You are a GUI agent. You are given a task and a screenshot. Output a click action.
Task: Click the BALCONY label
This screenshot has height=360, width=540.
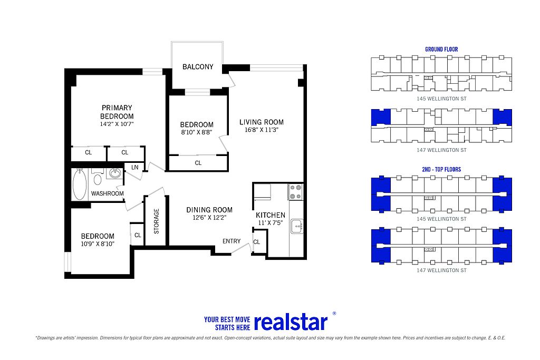198,67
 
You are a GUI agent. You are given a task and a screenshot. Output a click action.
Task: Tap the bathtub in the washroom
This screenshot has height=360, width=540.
80,184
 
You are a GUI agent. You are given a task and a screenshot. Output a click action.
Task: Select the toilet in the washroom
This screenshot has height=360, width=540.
98,178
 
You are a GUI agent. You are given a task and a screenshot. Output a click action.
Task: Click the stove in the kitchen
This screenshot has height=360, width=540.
295,192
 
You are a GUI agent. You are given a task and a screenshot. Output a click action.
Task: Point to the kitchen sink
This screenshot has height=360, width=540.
297,227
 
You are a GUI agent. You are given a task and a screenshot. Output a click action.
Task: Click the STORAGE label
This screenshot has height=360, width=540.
156,221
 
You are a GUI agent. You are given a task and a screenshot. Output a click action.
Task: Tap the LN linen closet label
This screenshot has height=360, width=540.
134,167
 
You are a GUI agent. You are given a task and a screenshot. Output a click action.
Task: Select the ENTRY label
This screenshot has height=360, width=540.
232,241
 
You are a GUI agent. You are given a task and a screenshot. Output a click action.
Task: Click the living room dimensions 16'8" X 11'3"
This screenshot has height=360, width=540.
262,130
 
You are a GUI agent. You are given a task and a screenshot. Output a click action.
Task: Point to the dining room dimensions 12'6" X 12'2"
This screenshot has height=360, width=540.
209,218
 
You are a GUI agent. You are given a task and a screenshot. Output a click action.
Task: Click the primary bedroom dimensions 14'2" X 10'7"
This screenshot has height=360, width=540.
117,124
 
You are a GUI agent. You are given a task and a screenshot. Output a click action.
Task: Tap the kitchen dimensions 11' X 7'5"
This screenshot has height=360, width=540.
271,222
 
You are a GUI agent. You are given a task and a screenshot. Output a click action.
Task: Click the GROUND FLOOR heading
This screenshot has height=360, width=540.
441,49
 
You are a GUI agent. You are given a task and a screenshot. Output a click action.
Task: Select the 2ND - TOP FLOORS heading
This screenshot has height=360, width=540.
441,169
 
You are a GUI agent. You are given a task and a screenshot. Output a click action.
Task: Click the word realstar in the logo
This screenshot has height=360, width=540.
291,322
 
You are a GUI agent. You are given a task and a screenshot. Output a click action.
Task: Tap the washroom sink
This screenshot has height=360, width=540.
115,173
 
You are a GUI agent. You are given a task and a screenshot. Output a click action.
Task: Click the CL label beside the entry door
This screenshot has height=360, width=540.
257,242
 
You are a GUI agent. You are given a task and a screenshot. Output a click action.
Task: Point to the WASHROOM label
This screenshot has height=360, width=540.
107,193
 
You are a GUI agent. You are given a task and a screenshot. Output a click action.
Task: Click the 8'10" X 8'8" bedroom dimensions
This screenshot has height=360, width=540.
197,132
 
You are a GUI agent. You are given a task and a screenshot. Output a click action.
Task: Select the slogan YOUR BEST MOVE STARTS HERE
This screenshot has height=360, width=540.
227,324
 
